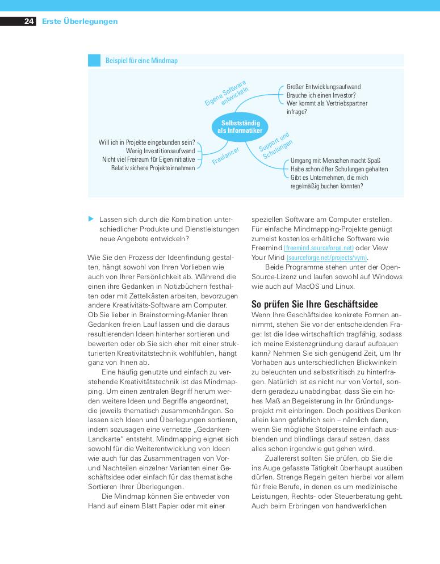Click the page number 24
(x=29, y=22)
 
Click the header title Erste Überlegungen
(x=79, y=22)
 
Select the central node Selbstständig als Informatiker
(x=240, y=127)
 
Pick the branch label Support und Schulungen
(x=276, y=145)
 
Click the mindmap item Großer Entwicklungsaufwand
(x=323, y=87)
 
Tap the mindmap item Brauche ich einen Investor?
(x=321, y=95)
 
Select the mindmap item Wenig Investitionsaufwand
(x=160, y=151)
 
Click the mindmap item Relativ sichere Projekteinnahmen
(x=153, y=168)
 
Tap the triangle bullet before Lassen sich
(x=90, y=218)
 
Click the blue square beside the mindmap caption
(x=94, y=61)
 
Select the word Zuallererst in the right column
(x=284, y=458)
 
